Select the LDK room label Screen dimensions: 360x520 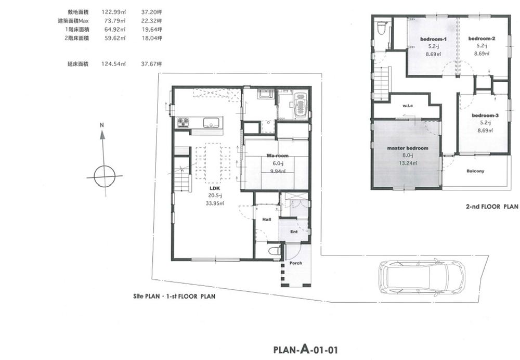pyautogui.click(x=215, y=188)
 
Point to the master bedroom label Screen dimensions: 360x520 pyautogui.click(x=408, y=148)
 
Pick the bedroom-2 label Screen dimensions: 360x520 pyautogui.click(x=482, y=39)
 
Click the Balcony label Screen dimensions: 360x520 pyautogui.click(x=475, y=171)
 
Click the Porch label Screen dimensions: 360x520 pyautogui.click(x=296, y=263)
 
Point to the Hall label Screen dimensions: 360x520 pyautogui.click(x=267, y=220)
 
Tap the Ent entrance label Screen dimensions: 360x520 pyautogui.click(x=294, y=232)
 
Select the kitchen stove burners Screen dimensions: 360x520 pyautogui.click(x=184, y=122)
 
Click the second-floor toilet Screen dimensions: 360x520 pyautogui.click(x=381, y=27)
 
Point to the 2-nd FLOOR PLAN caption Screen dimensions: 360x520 pyautogui.click(x=491, y=207)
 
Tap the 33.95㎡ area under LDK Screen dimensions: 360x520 pyautogui.click(x=215, y=203)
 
